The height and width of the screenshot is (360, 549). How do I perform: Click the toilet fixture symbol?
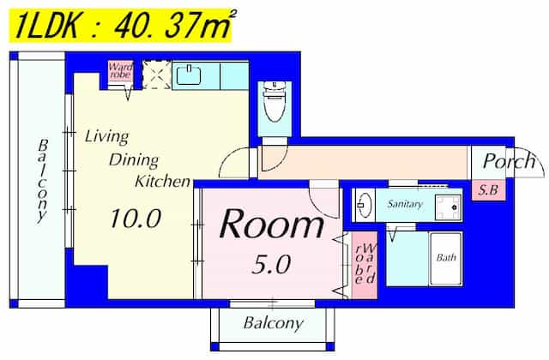pyautogui.click(x=274, y=102)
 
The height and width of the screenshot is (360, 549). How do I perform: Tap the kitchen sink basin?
pyautogui.click(x=189, y=75)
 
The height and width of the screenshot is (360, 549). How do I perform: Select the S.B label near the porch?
pyautogui.click(x=488, y=190)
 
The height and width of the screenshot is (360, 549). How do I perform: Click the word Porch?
pyautogui.click(x=510, y=162)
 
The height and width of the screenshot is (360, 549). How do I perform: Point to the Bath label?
pyautogui.click(x=446, y=257)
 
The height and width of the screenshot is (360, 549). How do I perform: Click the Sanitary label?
pyautogui.click(x=405, y=204)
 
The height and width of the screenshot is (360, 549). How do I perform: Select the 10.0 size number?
pyautogui.click(x=136, y=219)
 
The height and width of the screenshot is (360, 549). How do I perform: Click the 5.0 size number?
pyautogui.click(x=271, y=264)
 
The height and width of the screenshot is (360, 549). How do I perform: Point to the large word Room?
pyautogui.click(x=272, y=224)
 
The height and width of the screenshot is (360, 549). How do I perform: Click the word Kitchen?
pyautogui.click(x=163, y=181)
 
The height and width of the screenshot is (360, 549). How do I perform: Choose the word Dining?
pyautogui.click(x=134, y=160)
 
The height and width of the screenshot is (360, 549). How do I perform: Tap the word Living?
pyautogui.click(x=106, y=136)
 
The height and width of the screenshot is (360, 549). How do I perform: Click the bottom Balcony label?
pyautogui.click(x=273, y=323)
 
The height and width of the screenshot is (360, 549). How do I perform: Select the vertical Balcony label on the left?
pyautogui.click(x=43, y=181)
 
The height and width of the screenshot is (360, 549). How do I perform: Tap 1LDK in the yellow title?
pyautogui.click(x=46, y=26)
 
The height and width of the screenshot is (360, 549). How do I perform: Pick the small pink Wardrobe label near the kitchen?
pyautogui.click(x=120, y=70)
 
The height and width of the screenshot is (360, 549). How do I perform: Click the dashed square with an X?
pyautogui.click(x=157, y=75)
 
